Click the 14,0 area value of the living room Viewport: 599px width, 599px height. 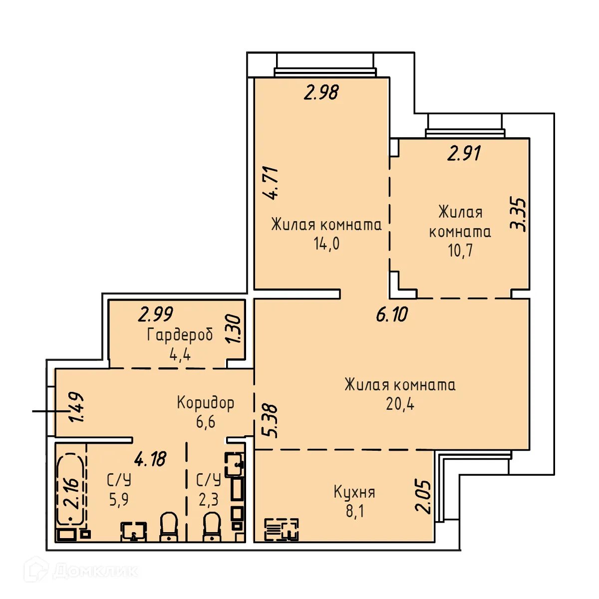(x=326, y=244)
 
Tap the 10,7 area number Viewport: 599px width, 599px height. (x=460, y=250)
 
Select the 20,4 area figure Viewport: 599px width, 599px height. (x=400, y=404)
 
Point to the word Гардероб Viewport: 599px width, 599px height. (x=180, y=335)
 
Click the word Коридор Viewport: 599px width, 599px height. (x=205, y=402)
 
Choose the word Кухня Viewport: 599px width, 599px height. (x=354, y=492)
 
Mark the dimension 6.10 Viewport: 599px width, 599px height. (x=392, y=314)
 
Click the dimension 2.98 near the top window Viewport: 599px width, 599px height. (x=321, y=92)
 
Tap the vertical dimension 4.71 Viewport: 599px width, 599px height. (x=273, y=183)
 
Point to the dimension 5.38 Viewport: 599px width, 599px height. (x=270, y=420)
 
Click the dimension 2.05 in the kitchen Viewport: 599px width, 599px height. (x=423, y=496)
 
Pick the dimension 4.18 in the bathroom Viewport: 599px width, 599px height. (x=150, y=459)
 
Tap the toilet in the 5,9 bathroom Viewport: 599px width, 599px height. (x=169, y=527)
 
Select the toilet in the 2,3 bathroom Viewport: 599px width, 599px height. (x=212, y=527)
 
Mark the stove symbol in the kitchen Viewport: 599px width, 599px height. (x=281, y=530)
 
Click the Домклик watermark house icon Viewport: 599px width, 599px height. (x=36, y=570)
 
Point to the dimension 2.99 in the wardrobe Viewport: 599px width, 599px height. (x=156, y=314)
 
